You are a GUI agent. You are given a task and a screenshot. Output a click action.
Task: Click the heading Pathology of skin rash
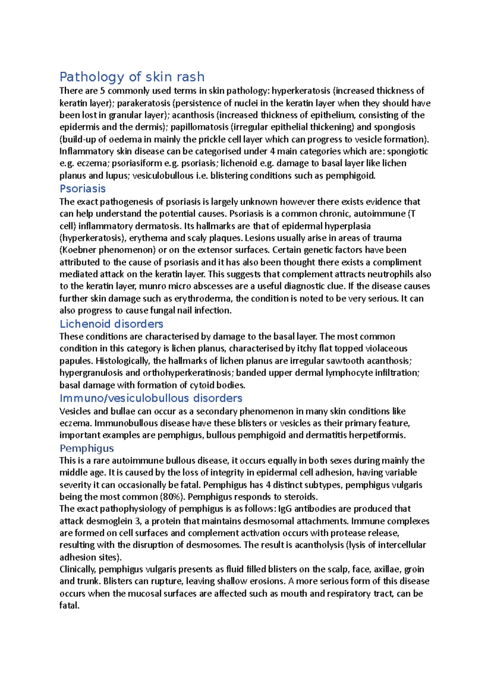pos(132,77)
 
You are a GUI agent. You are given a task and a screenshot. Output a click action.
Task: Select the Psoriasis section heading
pos(83,189)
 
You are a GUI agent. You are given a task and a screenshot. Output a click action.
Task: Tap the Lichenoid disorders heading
pos(111,324)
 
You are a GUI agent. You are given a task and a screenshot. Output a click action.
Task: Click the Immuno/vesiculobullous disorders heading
pos(151,398)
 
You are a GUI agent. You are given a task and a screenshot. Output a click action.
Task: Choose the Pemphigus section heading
pos(87,448)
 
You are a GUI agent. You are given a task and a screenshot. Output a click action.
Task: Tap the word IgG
pos(285,509)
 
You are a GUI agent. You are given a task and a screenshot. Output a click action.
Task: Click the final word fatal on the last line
pos(69,606)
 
